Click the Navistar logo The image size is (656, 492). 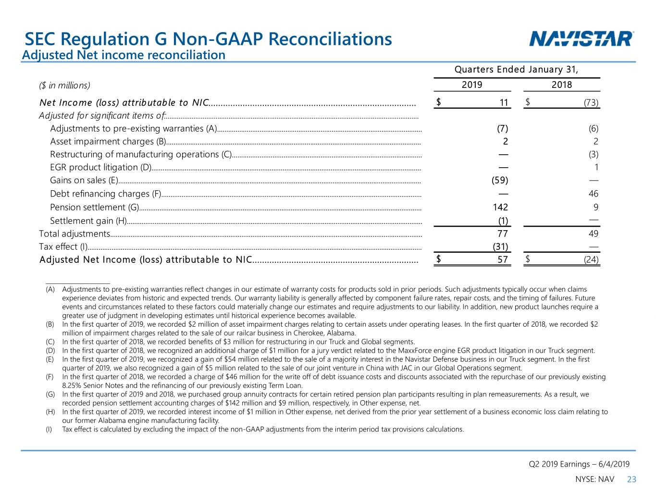pyautogui.click(x=581, y=39)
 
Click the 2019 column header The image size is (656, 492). pyautogui.click(x=472, y=85)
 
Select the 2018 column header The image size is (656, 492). pyautogui.click(x=561, y=85)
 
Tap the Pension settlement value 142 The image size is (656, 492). pyautogui.click(x=500, y=207)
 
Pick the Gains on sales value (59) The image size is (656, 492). pyautogui.click(x=500, y=180)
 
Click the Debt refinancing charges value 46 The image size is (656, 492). pyautogui.click(x=593, y=194)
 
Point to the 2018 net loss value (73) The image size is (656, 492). pyautogui.click(x=591, y=102)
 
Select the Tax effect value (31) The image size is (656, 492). pyautogui.click(x=500, y=246)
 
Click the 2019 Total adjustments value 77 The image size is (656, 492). pyautogui.click(x=502, y=234)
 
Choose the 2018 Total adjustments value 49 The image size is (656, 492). pyautogui.click(x=593, y=234)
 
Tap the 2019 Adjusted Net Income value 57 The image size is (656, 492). pyautogui.click(x=502, y=259)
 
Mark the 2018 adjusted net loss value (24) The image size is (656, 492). pyautogui.click(x=591, y=259)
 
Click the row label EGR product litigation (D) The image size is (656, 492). pyautogui.click(x=101, y=167)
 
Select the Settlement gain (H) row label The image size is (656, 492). pyautogui.click(x=88, y=221)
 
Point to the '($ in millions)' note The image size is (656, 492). pyautogui.click(x=64, y=86)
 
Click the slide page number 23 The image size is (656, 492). pyautogui.click(x=631, y=479)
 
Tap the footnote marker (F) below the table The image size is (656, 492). pyautogui.click(x=50, y=377)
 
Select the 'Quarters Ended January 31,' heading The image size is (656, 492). pyautogui.click(x=516, y=69)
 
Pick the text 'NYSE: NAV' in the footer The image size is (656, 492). pyautogui.click(x=594, y=479)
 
